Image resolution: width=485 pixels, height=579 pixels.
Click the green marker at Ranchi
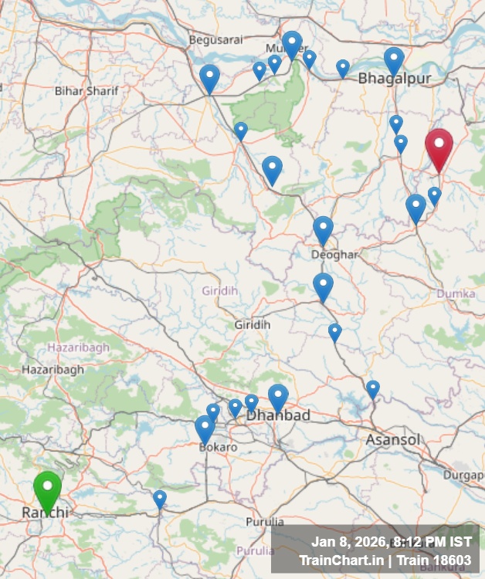47,488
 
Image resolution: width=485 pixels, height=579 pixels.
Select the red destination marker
439,147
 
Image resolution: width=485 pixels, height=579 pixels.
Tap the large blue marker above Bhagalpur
394,60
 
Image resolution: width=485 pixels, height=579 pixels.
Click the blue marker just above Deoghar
323,229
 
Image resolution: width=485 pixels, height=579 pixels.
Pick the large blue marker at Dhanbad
278,398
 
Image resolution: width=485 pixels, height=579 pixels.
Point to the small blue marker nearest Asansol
372,388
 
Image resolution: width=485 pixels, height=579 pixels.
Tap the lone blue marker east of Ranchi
159,499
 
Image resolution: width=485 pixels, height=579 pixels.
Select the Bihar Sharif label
86,90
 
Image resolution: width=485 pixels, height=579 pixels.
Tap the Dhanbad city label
278,415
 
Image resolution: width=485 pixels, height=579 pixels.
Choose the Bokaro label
218,447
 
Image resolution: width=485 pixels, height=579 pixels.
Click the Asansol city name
393,440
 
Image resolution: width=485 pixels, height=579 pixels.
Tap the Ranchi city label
45,513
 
